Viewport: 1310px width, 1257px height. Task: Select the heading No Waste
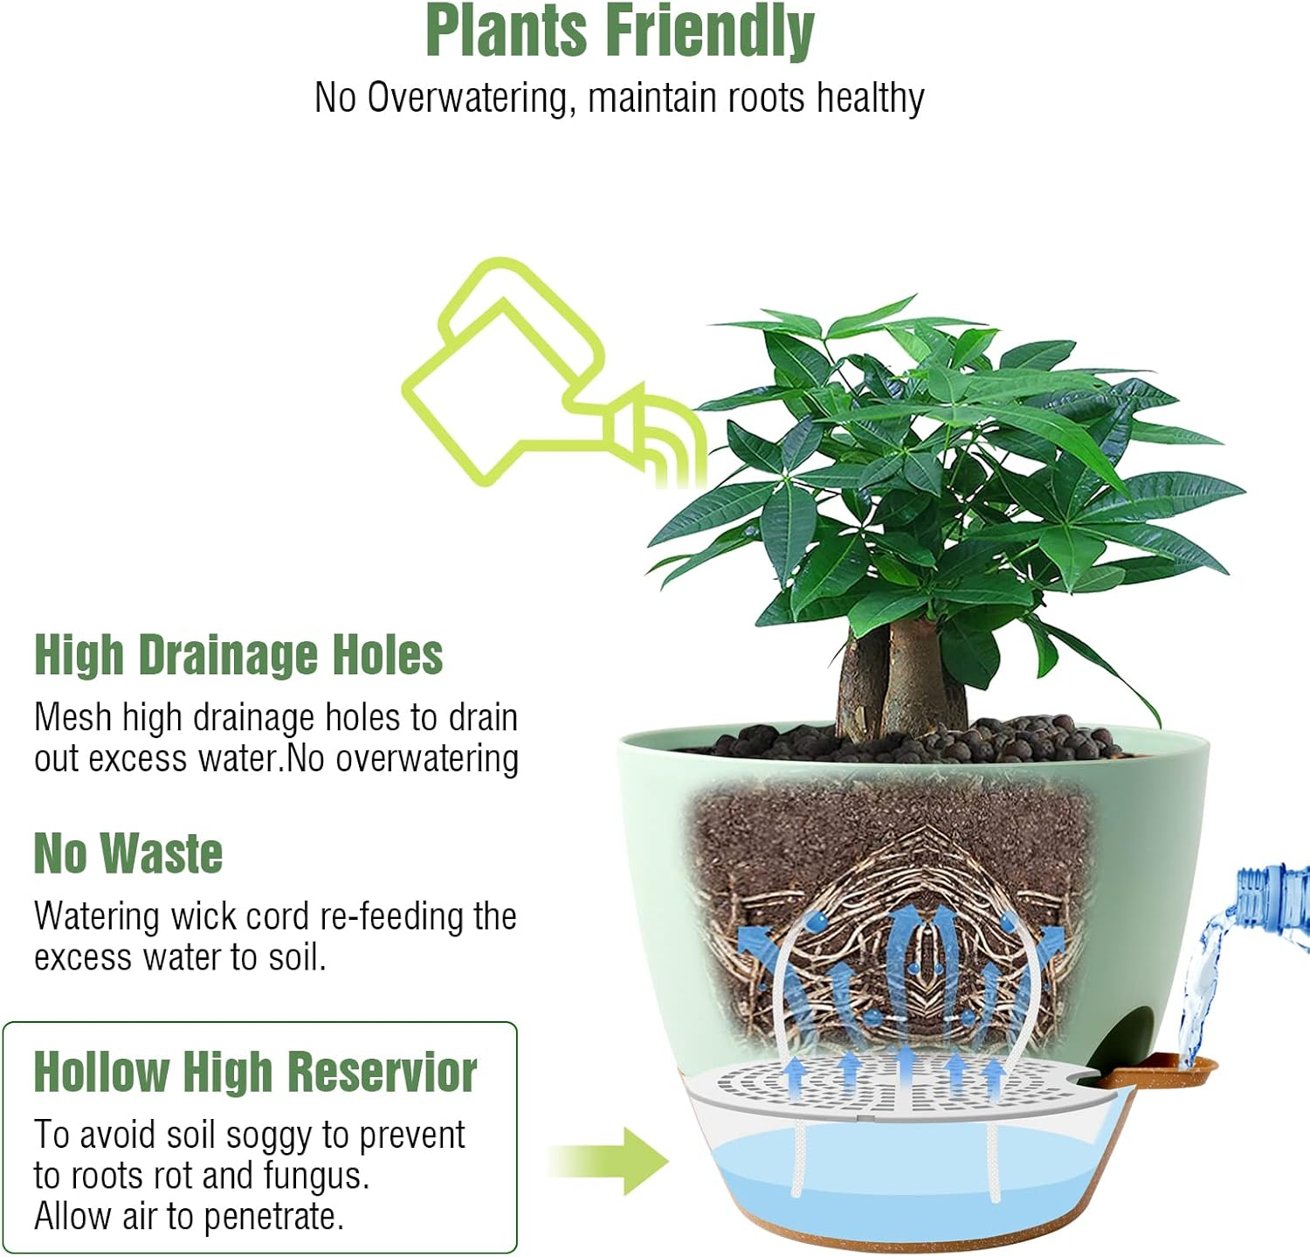tap(128, 853)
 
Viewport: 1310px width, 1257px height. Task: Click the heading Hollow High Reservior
tap(255, 1072)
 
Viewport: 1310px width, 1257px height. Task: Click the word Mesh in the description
tap(73, 718)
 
